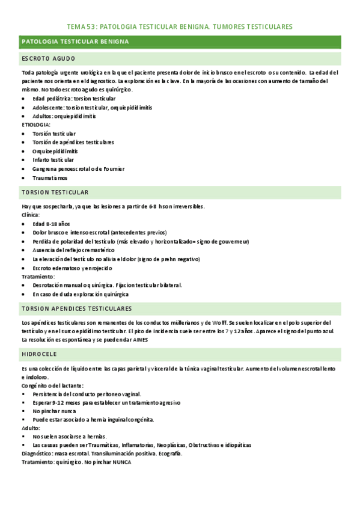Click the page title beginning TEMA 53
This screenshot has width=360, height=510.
pos(180,27)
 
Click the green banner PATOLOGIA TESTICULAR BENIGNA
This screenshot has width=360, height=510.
pos(79,41)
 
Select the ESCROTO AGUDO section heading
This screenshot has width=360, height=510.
pos(48,59)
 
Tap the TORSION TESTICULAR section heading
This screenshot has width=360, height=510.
pos(55,192)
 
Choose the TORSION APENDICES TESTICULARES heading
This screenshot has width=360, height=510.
pos(76,309)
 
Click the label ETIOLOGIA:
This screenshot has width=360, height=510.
pos(36,124)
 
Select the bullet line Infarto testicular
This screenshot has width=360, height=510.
pos(53,160)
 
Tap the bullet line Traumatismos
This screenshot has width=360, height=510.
pos(50,178)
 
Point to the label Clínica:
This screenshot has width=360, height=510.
pos(31,215)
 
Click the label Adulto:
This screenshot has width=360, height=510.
pos(31,428)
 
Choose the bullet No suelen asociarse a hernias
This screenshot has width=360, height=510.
pos(70,436)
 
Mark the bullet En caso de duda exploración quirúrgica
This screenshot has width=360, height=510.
pos(81,294)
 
